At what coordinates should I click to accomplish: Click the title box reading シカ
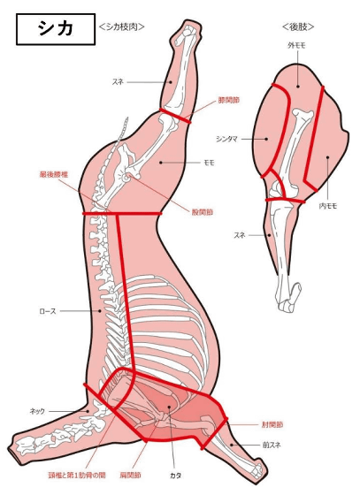pyautogui.click(x=56, y=29)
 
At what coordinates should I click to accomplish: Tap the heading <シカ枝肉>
pyautogui.click(x=121, y=27)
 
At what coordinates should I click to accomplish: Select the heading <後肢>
pyautogui.click(x=298, y=27)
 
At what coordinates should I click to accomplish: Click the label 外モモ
pyautogui.click(x=296, y=46)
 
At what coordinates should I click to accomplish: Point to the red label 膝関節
pyautogui.click(x=228, y=100)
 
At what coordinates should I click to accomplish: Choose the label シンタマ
pyautogui.click(x=226, y=139)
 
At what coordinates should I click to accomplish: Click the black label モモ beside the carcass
pyautogui.click(x=209, y=163)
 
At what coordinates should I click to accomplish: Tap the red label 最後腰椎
pyautogui.click(x=54, y=174)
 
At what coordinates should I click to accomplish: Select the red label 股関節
pyautogui.click(x=203, y=212)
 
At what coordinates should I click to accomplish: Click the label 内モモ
pyautogui.click(x=328, y=206)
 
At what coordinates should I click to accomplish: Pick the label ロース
pyautogui.click(x=48, y=311)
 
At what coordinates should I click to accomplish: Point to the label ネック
pyautogui.click(x=37, y=411)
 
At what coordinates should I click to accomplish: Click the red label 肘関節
pyautogui.click(x=272, y=424)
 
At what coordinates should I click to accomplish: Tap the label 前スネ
pyautogui.click(x=272, y=445)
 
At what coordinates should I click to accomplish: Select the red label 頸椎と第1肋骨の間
pyautogui.click(x=77, y=476)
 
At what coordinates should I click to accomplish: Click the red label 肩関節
pyautogui.click(x=130, y=476)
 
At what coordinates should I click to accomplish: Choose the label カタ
pyautogui.click(x=175, y=476)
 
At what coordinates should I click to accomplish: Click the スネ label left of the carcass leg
pyautogui.click(x=118, y=82)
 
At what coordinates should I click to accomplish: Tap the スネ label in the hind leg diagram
pyautogui.click(x=239, y=235)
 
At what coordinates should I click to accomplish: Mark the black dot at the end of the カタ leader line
pyautogui.click(x=169, y=407)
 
